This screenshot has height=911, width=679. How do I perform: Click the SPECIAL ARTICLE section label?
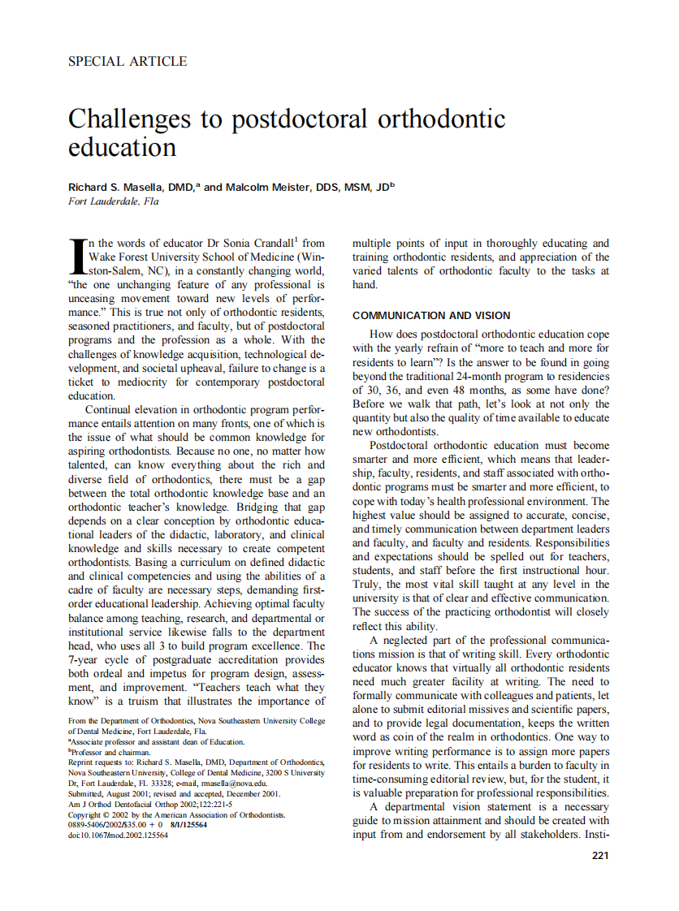tap(128, 62)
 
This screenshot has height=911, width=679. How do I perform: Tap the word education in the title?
tap(122, 148)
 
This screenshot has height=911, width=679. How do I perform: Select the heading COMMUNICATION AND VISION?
tap(430, 316)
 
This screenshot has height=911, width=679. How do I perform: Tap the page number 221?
tap(600, 855)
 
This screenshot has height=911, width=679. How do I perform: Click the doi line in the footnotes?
tap(119, 835)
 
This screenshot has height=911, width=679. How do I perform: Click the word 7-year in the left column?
tap(85, 659)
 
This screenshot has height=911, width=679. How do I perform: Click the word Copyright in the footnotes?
tap(87, 814)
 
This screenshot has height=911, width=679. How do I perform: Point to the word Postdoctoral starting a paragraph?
tap(404, 446)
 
